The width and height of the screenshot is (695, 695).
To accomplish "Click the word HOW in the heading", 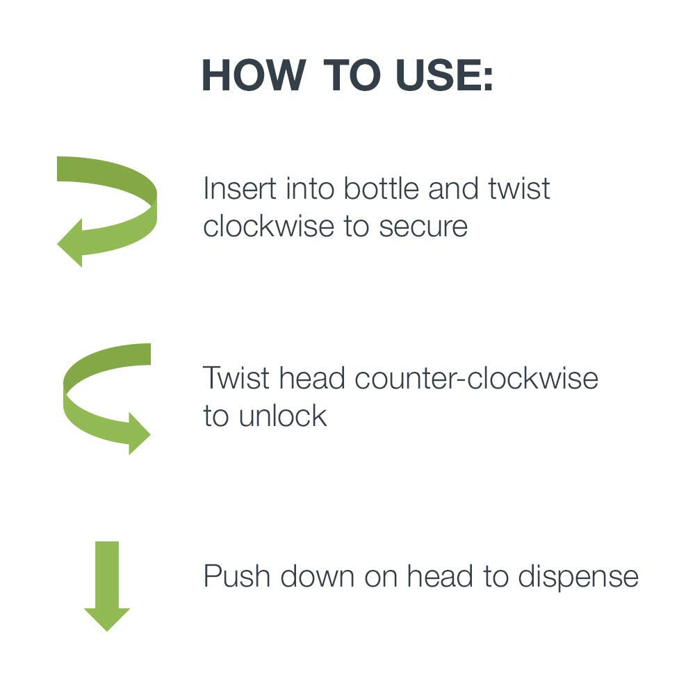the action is click(254, 75).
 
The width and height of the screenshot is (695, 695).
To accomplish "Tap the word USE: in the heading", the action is click(445, 75).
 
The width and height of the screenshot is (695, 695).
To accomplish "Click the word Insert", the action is click(240, 188).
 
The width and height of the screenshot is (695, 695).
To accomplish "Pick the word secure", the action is click(423, 227).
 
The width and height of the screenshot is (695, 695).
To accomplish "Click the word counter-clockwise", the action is click(477, 378).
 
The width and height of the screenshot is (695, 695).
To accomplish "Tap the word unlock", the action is click(283, 416).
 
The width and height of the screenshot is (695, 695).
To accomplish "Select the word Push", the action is click(237, 576).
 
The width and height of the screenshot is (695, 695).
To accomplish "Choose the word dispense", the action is click(578, 577).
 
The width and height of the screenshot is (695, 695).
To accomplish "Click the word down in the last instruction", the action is click(318, 576).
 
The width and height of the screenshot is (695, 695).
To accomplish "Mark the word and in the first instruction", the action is click(453, 188).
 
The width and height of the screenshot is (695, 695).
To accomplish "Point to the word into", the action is click(310, 188).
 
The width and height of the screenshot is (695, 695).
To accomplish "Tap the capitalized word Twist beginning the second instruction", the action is click(236, 378).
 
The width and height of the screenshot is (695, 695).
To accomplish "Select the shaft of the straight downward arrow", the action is click(107, 575).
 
